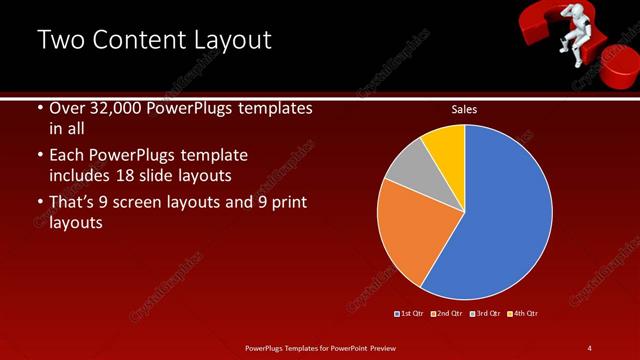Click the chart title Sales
(x=464, y=109)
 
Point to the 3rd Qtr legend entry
(x=484, y=314)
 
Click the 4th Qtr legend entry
(x=522, y=314)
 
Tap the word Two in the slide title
(x=62, y=40)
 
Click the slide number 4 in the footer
(x=589, y=347)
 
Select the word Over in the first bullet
(x=68, y=108)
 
